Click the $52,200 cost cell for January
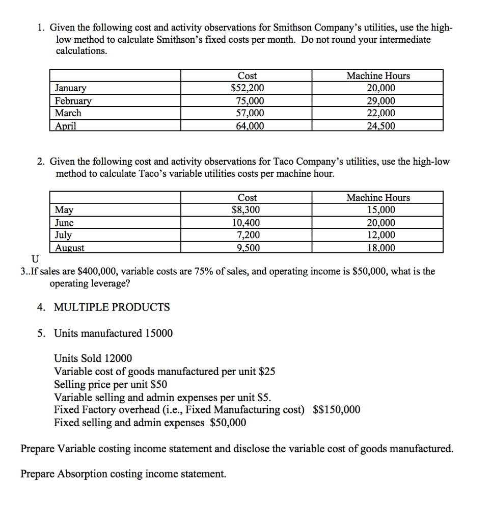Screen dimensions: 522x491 tap(248, 88)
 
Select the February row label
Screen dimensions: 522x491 tap(71, 101)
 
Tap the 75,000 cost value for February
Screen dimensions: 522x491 tap(248, 101)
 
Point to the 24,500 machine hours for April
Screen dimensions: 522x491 tap(380, 126)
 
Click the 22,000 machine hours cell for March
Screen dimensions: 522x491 tap(380, 113)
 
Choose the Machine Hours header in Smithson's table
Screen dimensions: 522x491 tap(378, 76)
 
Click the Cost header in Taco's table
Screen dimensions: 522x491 tap(248, 198)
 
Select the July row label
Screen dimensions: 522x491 tap(64, 235)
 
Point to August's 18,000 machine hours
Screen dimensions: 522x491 tap(380, 248)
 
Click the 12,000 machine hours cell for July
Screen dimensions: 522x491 tap(380, 235)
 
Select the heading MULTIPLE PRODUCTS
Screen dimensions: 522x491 tap(112, 307)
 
